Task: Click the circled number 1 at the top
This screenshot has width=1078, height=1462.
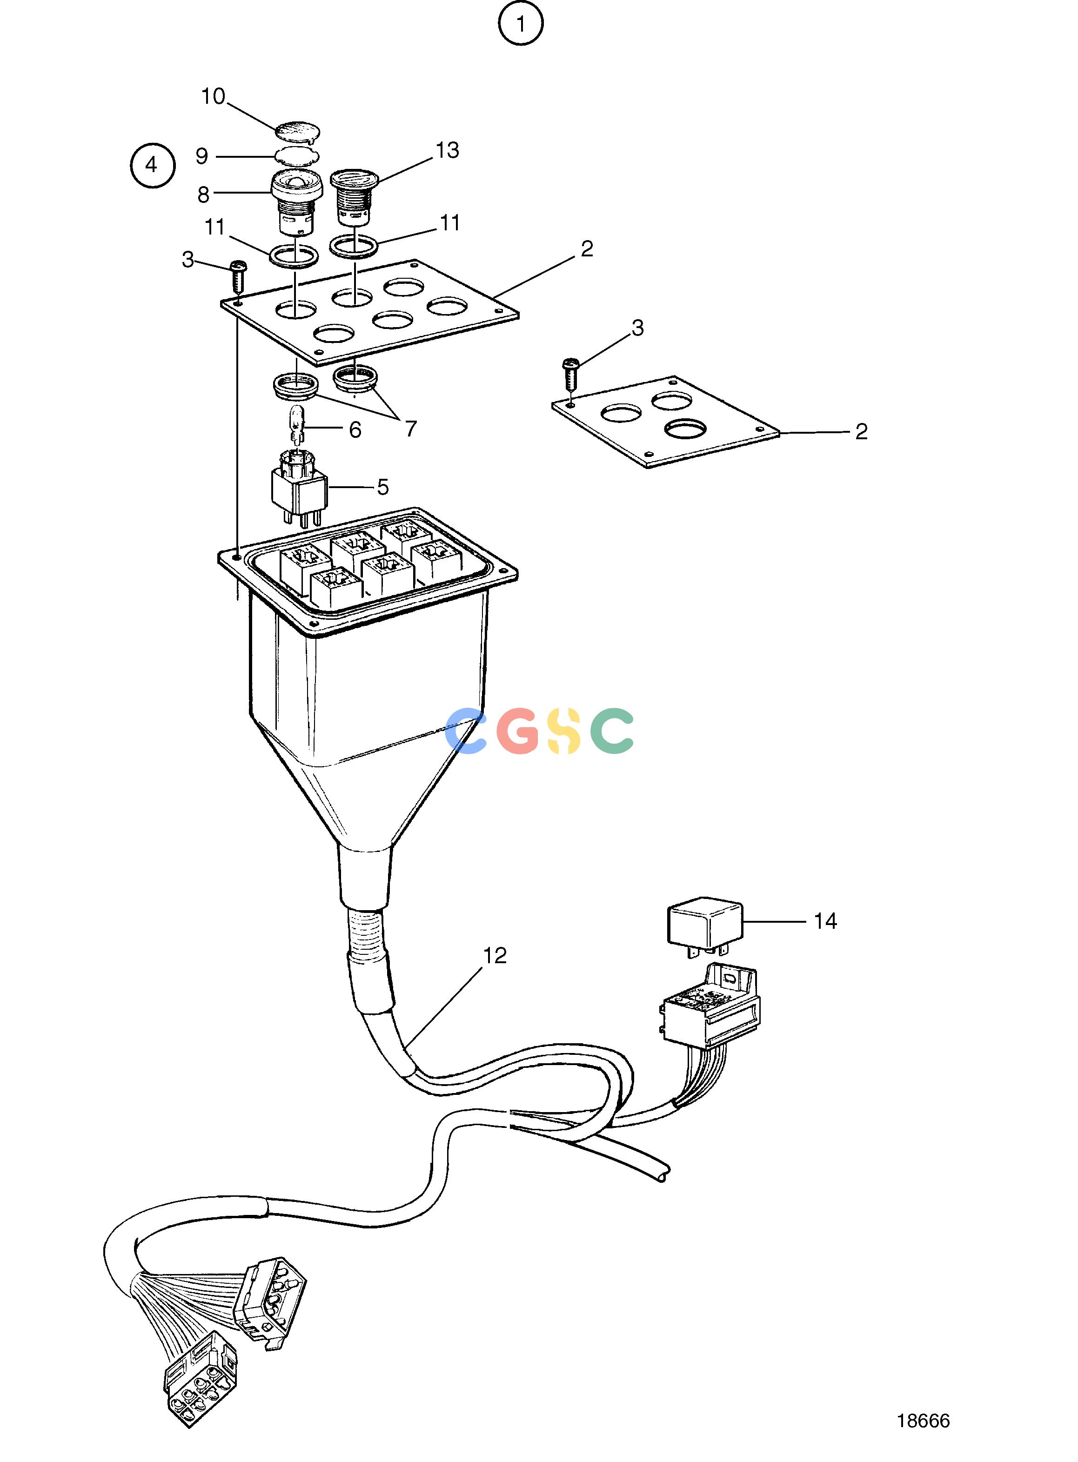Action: (x=521, y=25)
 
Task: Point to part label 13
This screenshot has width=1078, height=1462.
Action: (x=448, y=150)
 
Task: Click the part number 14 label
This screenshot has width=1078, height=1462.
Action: (x=825, y=921)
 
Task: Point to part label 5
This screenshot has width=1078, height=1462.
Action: (x=383, y=487)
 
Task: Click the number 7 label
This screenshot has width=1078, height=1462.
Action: (x=410, y=429)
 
